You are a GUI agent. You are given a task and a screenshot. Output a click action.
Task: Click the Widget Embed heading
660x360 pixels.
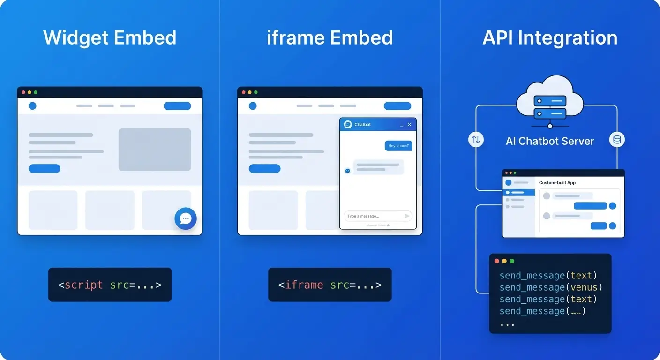tap(110, 38)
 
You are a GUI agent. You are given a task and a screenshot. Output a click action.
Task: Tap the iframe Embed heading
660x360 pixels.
tap(330, 38)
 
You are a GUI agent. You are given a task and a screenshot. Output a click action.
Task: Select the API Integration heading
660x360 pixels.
tap(550, 38)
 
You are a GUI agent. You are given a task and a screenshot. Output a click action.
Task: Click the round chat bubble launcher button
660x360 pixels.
tap(186, 218)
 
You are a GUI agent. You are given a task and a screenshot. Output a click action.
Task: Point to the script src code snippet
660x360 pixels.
tap(110, 285)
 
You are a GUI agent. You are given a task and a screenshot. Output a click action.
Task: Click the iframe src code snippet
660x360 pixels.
tap(330, 285)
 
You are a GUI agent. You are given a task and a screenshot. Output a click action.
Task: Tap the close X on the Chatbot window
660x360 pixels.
tap(409, 125)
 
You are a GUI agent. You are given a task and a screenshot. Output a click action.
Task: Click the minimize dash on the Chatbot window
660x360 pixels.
tap(401, 125)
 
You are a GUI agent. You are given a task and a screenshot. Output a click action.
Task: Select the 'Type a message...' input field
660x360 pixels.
tap(373, 216)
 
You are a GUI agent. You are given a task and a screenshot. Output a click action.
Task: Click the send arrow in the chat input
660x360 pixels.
tap(407, 216)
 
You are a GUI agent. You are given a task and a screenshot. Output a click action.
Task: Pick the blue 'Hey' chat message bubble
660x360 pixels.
tap(398, 146)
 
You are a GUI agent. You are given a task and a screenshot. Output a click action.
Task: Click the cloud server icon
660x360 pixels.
tap(550, 101)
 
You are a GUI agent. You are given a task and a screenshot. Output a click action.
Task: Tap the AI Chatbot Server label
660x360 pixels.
tap(550, 141)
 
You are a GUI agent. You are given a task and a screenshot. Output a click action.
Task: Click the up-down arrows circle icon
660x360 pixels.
tap(476, 139)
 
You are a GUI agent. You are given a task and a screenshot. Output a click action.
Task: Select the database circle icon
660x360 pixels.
tap(617, 139)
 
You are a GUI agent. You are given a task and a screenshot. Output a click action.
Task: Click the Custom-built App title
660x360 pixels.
tap(557, 182)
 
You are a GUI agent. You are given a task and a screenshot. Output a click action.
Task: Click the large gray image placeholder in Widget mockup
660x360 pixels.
tap(155, 150)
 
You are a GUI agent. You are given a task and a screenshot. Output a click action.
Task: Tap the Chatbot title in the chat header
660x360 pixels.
tap(362, 125)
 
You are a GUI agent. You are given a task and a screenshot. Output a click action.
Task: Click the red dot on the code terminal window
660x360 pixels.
tap(497, 261)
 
